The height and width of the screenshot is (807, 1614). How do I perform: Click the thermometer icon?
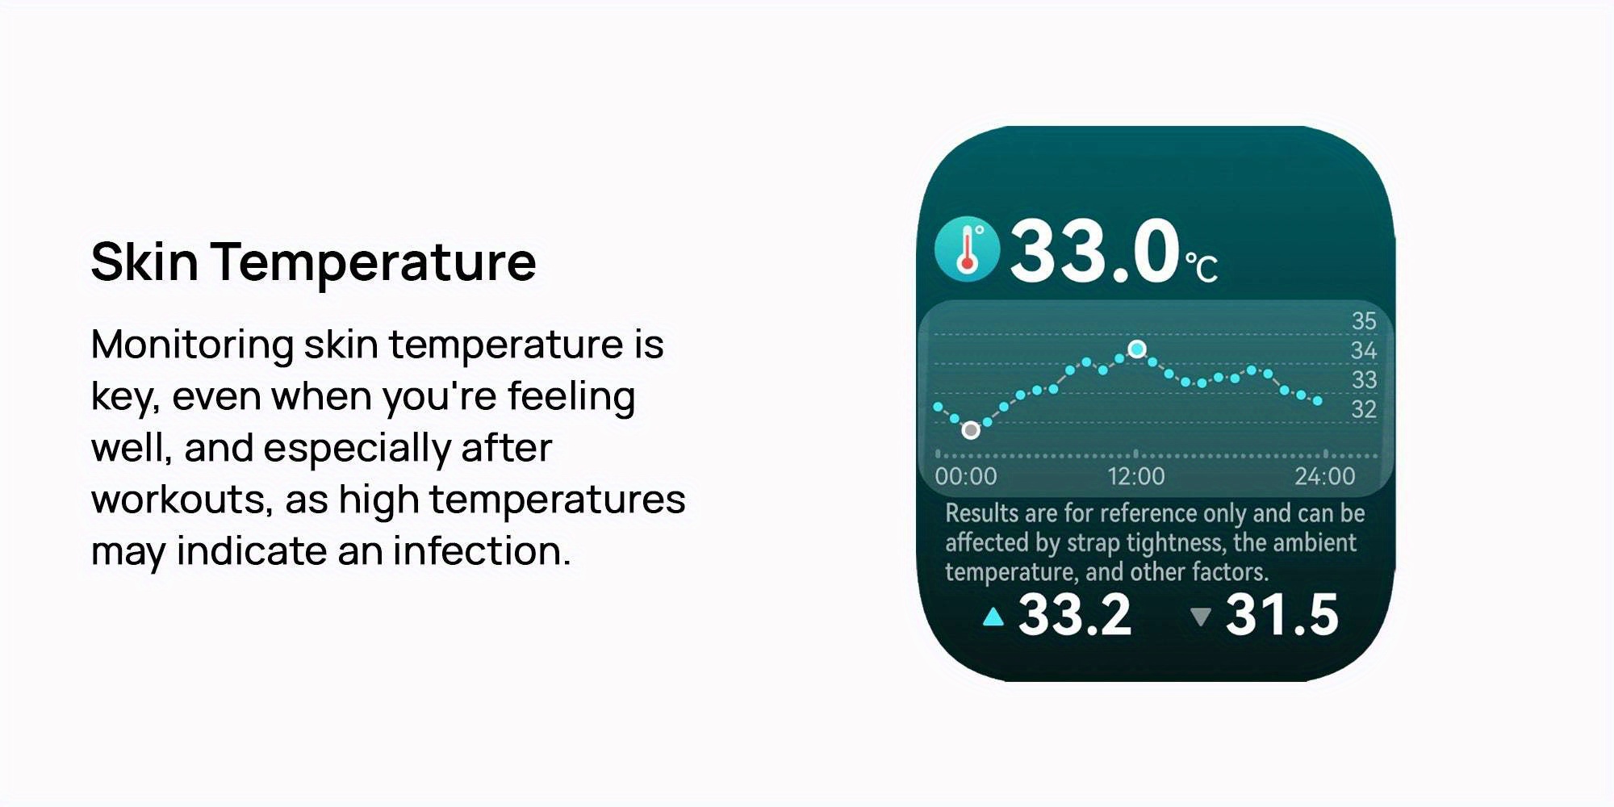click(x=967, y=249)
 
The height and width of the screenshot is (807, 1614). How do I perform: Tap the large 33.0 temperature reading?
click(x=1094, y=251)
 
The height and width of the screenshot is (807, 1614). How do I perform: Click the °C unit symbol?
click(x=1201, y=267)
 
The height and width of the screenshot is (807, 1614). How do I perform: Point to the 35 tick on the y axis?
click(x=1364, y=320)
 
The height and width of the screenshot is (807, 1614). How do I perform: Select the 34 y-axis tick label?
click(x=1364, y=350)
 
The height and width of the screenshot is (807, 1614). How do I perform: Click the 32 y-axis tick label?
click(x=1364, y=409)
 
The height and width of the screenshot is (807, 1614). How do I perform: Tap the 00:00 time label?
click(x=966, y=476)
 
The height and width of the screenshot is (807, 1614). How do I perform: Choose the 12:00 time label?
click(x=1136, y=476)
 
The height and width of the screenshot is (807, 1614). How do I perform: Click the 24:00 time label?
click(x=1325, y=476)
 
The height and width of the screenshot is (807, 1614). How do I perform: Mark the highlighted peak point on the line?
click(x=1137, y=349)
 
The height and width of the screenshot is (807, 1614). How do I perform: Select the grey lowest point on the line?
click(x=971, y=430)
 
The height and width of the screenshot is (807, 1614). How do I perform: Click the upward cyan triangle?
click(x=993, y=617)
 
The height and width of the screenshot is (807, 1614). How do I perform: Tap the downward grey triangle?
click(x=1201, y=617)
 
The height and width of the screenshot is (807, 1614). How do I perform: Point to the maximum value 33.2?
click(x=1075, y=615)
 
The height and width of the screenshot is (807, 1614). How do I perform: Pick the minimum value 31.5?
click(x=1282, y=615)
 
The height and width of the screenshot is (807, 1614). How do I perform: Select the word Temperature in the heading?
click(x=374, y=263)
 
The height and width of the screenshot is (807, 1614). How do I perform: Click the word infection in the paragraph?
click(x=482, y=551)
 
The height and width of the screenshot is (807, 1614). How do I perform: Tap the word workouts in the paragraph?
click(x=181, y=500)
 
